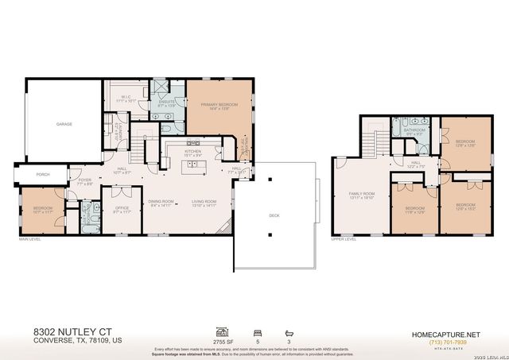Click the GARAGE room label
pos(64,125)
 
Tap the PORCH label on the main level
pos(33,176)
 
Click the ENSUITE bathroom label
pos(166,102)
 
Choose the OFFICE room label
pos(122,209)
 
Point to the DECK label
pos(275,214)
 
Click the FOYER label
pos(85,180)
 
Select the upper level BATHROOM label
pos(414,131)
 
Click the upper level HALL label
pos(416,163)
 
